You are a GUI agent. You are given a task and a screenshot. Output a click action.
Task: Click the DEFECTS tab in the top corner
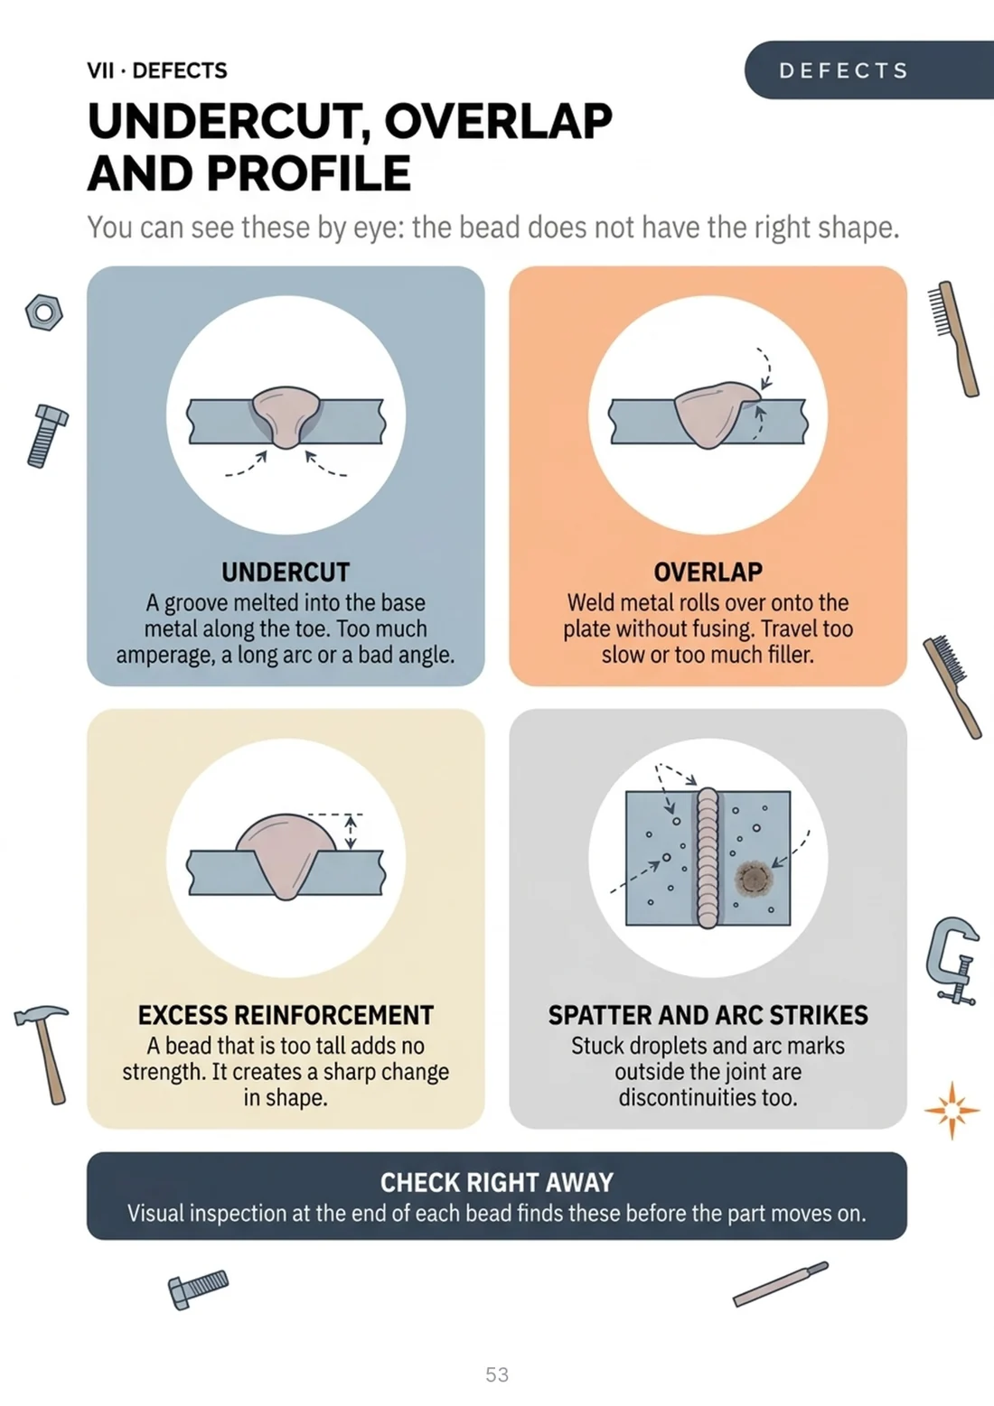click(869, 70)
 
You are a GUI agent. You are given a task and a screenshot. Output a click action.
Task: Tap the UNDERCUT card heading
click(286, 572)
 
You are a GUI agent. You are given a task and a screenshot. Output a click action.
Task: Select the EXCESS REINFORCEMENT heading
click(286, 1015)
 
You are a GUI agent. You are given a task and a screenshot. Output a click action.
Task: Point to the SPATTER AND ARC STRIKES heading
click(708, 1015)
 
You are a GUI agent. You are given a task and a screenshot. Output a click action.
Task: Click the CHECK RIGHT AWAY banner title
click(497, 1183)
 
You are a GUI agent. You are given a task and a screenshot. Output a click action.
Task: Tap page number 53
click(497, 1374)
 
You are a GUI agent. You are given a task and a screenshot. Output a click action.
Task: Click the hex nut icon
click(44, 312)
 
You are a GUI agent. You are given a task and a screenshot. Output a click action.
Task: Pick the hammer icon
click(44, 1055)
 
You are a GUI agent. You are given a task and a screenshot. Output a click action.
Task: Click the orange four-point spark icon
click(952, 1111)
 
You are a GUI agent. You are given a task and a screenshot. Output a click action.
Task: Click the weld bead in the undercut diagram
click(286, 415)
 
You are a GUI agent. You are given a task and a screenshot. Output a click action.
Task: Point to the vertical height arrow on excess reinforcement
click(351, 832)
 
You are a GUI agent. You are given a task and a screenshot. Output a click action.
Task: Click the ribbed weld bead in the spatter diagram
click(708, 857)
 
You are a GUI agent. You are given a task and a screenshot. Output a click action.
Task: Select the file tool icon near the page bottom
click(781, 1284)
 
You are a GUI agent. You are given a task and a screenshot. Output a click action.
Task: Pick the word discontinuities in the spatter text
click(708, 1097)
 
